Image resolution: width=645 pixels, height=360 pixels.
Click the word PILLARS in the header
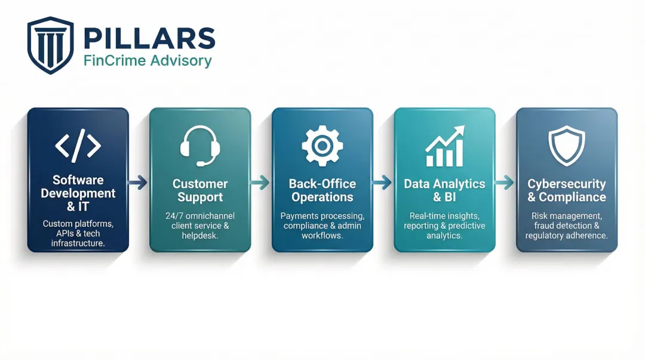pos(149,38)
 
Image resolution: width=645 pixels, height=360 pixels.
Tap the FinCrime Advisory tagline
pos(148,60)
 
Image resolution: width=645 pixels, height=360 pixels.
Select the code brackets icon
pos(78,146)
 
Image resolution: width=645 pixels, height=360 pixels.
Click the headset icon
pos(200,146)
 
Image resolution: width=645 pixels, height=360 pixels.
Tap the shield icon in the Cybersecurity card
pos(567,146)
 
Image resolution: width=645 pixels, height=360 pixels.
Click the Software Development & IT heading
pos(78,193)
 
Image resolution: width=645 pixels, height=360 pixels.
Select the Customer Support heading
pos(200,190)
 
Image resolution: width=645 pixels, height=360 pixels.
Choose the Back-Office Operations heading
pos(322,190)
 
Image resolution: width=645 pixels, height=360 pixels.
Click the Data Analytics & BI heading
pos(445,190)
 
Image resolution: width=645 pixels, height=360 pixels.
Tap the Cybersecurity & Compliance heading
pos(567,190)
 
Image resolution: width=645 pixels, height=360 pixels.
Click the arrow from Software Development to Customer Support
pos(139,183)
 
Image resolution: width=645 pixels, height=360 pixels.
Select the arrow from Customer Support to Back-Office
pos(261,183)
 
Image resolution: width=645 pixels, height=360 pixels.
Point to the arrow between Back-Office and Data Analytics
pos(383,183)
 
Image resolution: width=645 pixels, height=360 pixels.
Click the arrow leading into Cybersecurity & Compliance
pos(505,183)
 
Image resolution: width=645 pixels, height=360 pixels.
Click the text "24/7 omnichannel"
pos(200,216)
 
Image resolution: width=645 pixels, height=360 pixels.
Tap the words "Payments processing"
pos(322,216)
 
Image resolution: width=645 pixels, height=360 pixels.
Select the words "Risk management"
pos(567,216)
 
